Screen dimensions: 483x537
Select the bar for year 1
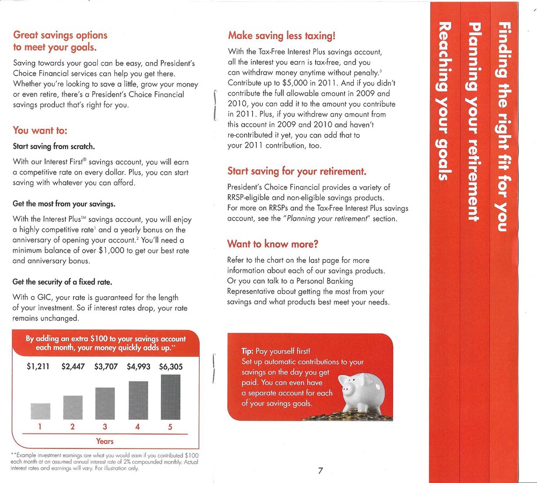[40, 411]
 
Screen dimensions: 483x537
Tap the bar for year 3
[105, 404]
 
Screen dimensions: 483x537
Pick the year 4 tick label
[138, 427]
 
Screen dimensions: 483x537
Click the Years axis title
[105, 441]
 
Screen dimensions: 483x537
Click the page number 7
[320, 471]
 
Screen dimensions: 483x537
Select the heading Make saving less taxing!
[282, 36]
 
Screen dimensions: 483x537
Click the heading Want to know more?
[273, 244]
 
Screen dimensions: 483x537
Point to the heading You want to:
[40, 130]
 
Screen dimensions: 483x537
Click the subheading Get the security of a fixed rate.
[62, 282]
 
